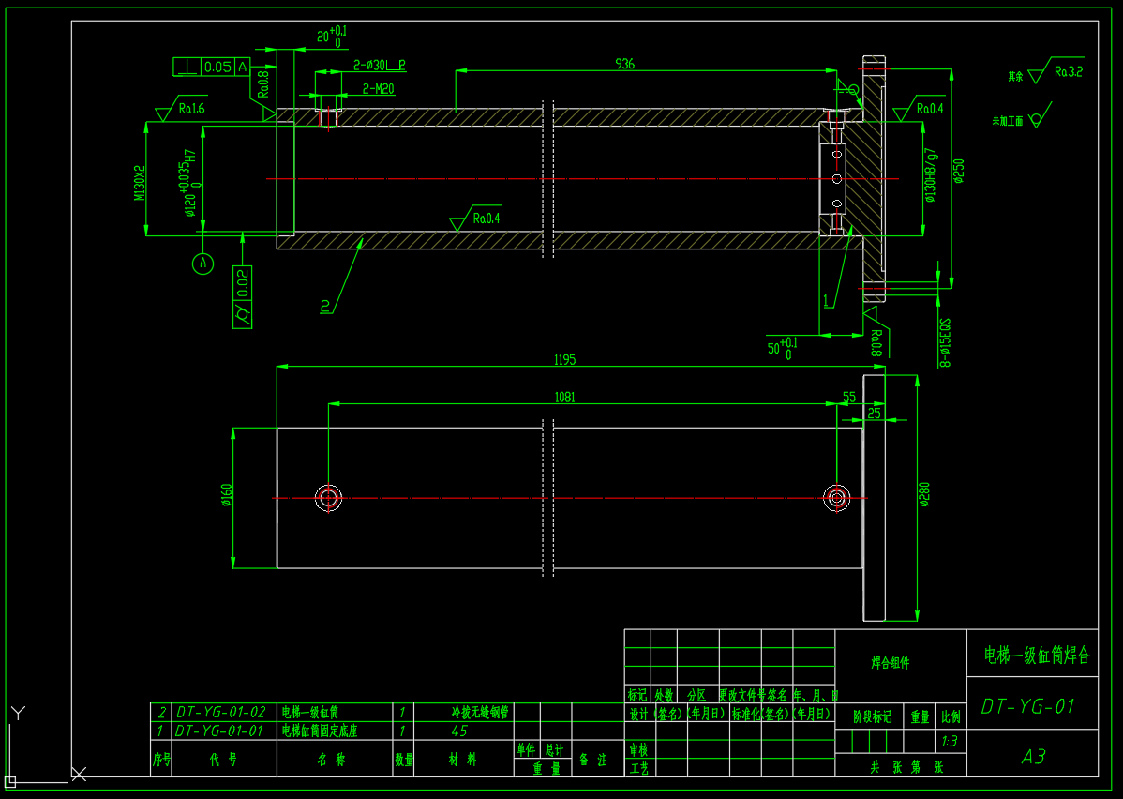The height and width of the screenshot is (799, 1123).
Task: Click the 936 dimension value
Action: point(624,64)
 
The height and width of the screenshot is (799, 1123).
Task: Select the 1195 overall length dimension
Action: point(563,360)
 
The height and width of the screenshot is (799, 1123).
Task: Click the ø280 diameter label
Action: point(924,494)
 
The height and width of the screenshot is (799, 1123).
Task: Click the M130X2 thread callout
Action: point(140,183)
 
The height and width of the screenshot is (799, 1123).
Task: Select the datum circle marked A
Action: point(203,264)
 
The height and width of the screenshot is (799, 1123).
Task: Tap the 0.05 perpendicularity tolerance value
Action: point(217,67)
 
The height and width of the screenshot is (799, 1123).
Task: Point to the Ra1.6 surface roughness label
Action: point(191,109)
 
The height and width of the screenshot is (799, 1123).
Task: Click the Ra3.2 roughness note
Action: point(1068,70)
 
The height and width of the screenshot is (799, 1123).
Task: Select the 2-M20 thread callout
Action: point(378,89)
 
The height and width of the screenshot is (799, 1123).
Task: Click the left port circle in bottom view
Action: point(328,497)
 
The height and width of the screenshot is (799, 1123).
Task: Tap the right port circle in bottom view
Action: point(836,497)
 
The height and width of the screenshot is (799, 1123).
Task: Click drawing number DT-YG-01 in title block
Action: point(1027,706)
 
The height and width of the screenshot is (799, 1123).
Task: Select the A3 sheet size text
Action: point(1033,756)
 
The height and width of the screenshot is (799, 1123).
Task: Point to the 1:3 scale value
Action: point(949,741)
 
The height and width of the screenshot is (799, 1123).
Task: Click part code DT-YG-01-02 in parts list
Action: point(220,713)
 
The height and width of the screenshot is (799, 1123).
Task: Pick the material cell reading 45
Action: point(459,731)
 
